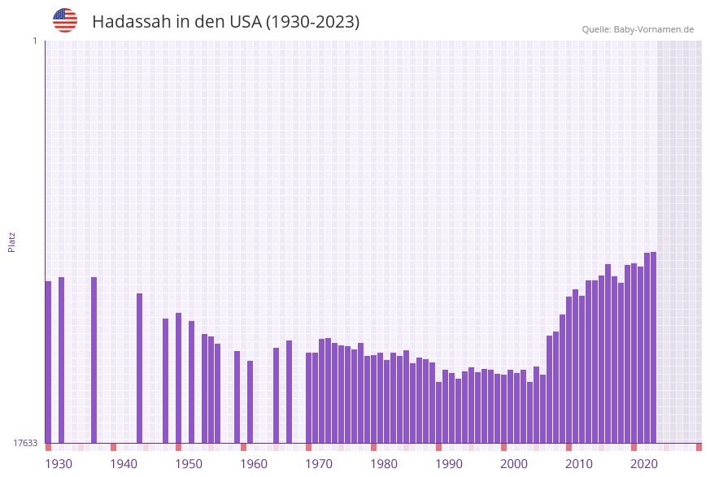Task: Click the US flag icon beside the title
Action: pos(65,20)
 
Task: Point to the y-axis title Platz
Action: pos(12,241)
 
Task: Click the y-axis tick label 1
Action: pos(34,41)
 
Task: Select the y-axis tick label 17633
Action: pos(24,443)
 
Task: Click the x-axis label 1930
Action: pos(59,464)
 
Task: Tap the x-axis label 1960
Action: pos(254,464)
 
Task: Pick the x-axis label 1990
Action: pos(449,464)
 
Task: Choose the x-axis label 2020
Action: pos(644,464)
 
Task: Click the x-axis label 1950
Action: pos(189,464)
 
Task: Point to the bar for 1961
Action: pos(250,401)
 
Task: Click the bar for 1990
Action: pos(438,412)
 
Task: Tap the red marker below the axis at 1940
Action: pos(113,447)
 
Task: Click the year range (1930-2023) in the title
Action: pos(312,22)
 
